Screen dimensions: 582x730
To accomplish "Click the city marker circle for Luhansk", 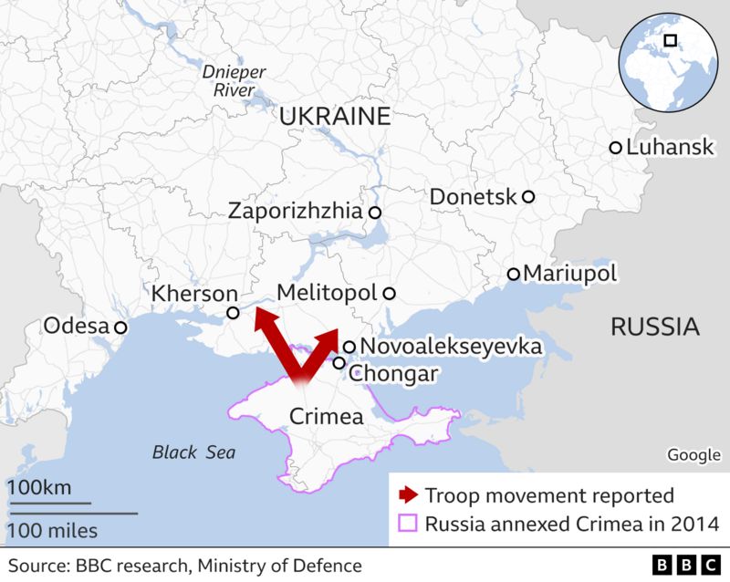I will (616, 148).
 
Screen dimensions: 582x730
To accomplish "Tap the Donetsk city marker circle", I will (527, 196).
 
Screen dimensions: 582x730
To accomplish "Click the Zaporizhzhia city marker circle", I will (374, 212).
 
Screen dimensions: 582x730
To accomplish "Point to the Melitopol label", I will (326, 294).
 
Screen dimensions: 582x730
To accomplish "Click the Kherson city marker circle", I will (233, 313).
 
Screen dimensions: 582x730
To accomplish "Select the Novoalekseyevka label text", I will (451, 347).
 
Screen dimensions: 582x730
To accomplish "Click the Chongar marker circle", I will (339, 363).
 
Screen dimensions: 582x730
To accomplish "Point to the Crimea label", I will (326, 417).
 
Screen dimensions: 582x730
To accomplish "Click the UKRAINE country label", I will (335, 117).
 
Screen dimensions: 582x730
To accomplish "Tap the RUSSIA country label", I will (654, 327).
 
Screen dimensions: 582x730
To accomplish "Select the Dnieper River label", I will (222, 79).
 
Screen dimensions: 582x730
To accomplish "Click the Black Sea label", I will (193, 452).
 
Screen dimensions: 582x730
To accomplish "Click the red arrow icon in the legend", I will (406, 496).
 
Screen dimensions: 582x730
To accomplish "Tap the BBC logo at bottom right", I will (686, 565).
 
